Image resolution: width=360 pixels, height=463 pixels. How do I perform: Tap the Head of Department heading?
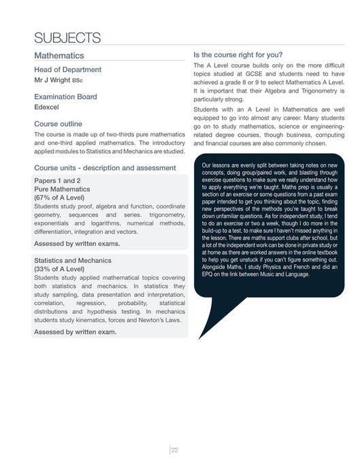(x=67, y=69)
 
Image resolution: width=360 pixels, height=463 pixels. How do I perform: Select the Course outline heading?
(x=60, y=124)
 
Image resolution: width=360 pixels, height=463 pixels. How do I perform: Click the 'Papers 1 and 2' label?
(x=57, y=180)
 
